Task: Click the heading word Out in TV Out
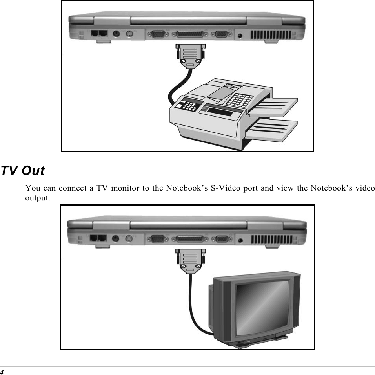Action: tap(33, 171)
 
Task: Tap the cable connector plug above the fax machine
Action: tap(190, 54)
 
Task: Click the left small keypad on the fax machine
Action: tap(187, 105)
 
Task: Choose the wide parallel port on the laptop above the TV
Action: tap(190, 239)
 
